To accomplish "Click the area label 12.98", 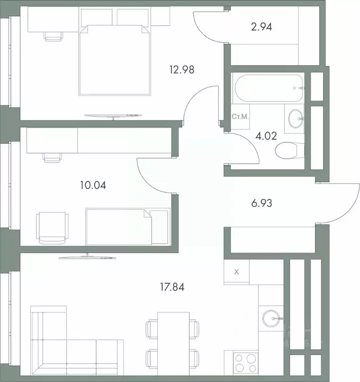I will point(181,70).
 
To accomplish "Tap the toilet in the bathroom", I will point(288,150).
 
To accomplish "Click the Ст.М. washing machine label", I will point(240,117).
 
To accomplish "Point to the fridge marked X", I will point(237,272).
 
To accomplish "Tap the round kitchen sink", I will point(272,317).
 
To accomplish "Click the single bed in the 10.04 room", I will point(127,226).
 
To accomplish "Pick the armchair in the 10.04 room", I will point(52,227).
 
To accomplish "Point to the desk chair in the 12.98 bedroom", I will point(54,36).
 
